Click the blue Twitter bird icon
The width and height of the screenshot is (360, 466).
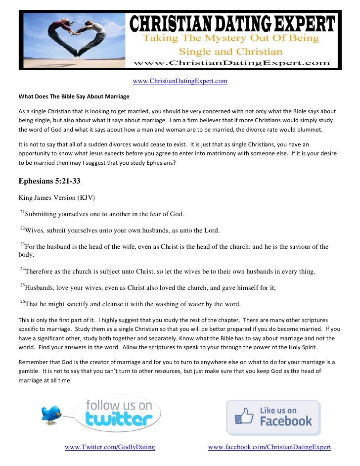click(51, 414)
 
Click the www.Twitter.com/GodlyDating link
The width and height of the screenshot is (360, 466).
click(110, 447)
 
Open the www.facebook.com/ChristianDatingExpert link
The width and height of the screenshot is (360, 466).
click(269, 447)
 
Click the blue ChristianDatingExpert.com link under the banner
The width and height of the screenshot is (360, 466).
click(180, 81)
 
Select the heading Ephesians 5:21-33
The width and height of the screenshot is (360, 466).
click(49, 181)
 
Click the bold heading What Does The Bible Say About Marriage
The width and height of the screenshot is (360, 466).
click(74, 96)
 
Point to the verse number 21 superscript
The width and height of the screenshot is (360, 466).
click(22, 212)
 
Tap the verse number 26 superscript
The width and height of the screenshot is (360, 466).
click(22, 301)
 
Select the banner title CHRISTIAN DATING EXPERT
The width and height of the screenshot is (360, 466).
click(232, 23)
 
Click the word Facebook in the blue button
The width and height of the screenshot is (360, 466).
click(286, 421)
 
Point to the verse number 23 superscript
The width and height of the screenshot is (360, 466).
click(22, 244)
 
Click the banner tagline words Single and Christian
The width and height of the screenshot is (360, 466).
click(230, 51)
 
